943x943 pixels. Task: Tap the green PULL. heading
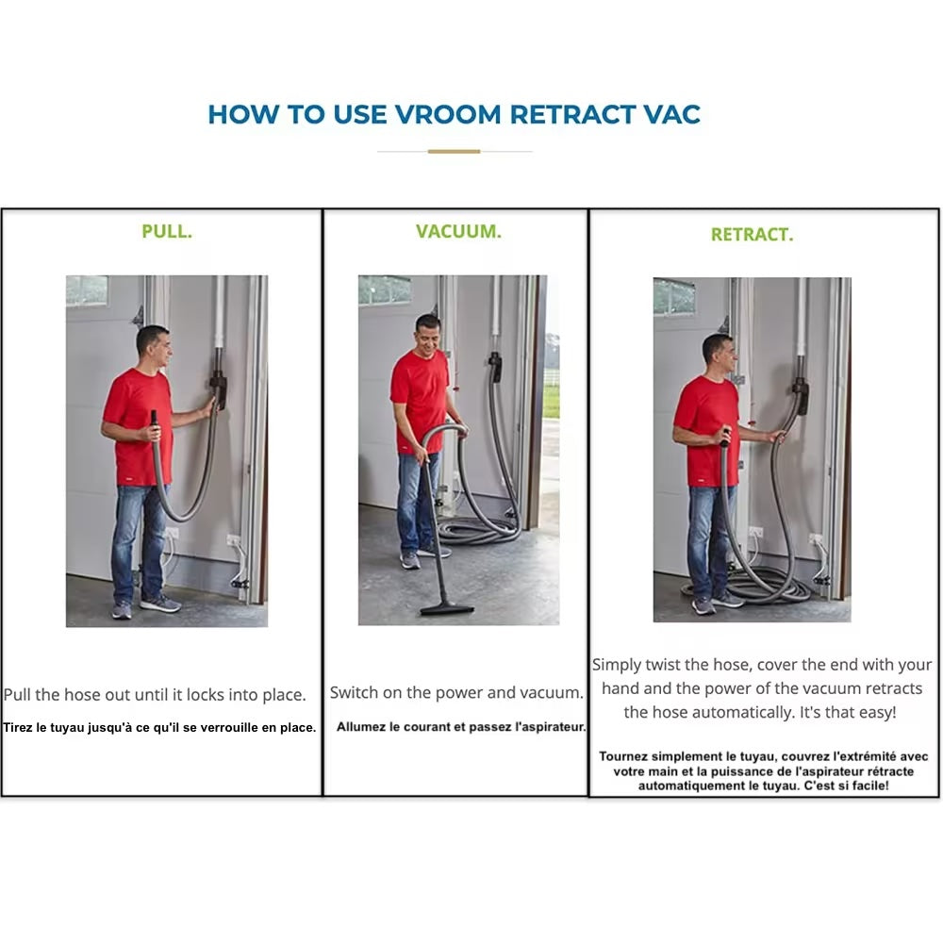click(x=167, y=232)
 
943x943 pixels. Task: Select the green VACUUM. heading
click(x=458, y=232)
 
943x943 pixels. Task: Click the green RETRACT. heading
click(x=752, y=235)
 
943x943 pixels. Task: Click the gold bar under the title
click(x=455, y=152)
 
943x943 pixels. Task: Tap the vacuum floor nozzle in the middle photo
click(x=447, y=609)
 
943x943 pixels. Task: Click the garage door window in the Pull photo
click(x=87, y=290)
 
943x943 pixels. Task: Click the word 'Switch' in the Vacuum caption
click(x=350, y=692)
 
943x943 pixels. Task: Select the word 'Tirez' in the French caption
click(x=17, y=728)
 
